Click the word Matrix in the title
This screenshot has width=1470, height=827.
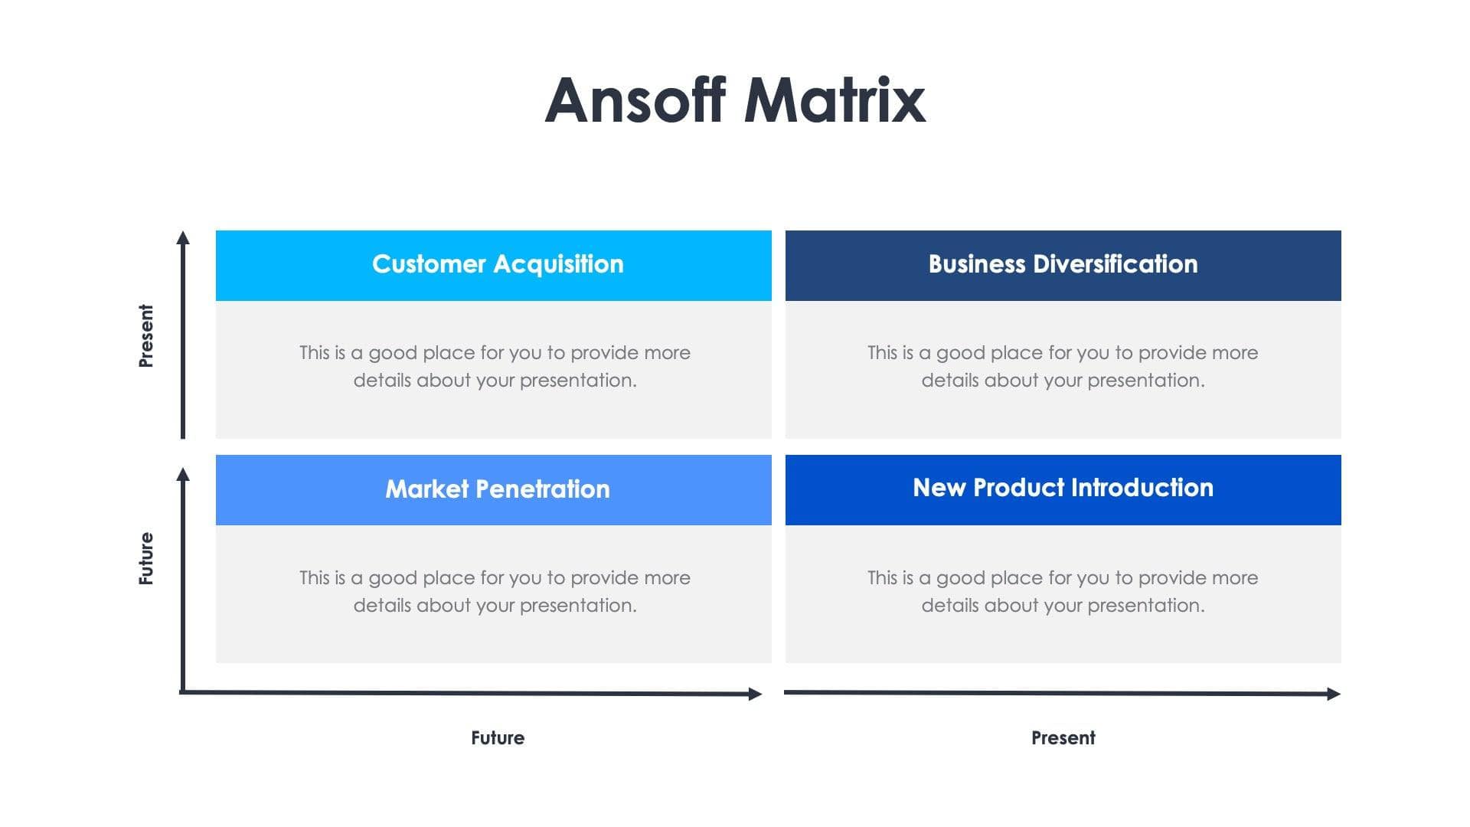(835, 100)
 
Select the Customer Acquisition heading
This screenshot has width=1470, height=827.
(498, 264)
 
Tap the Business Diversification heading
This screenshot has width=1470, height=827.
(1063, 264)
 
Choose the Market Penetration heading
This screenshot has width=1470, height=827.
(498, 489)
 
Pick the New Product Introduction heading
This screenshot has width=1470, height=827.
(1063, 488)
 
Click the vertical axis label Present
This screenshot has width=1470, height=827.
(146, 335)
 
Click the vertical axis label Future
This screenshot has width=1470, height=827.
(146, 558)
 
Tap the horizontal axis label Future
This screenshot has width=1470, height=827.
(498, 738)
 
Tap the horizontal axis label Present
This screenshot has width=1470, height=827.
(1063, 738)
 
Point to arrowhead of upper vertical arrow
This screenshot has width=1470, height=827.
(182, 237)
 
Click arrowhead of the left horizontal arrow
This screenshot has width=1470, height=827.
(756, 694)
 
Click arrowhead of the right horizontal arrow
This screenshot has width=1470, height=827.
(1334, 694)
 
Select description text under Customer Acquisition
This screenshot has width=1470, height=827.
(495, 367)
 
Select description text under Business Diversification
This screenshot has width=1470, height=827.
(1063, 367)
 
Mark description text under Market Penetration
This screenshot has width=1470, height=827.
(495, 591)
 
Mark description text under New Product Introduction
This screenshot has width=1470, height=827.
(1063, 591)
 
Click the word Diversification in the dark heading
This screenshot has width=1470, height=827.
(1115, 264)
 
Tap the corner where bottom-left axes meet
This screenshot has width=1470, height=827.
(182, 692)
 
